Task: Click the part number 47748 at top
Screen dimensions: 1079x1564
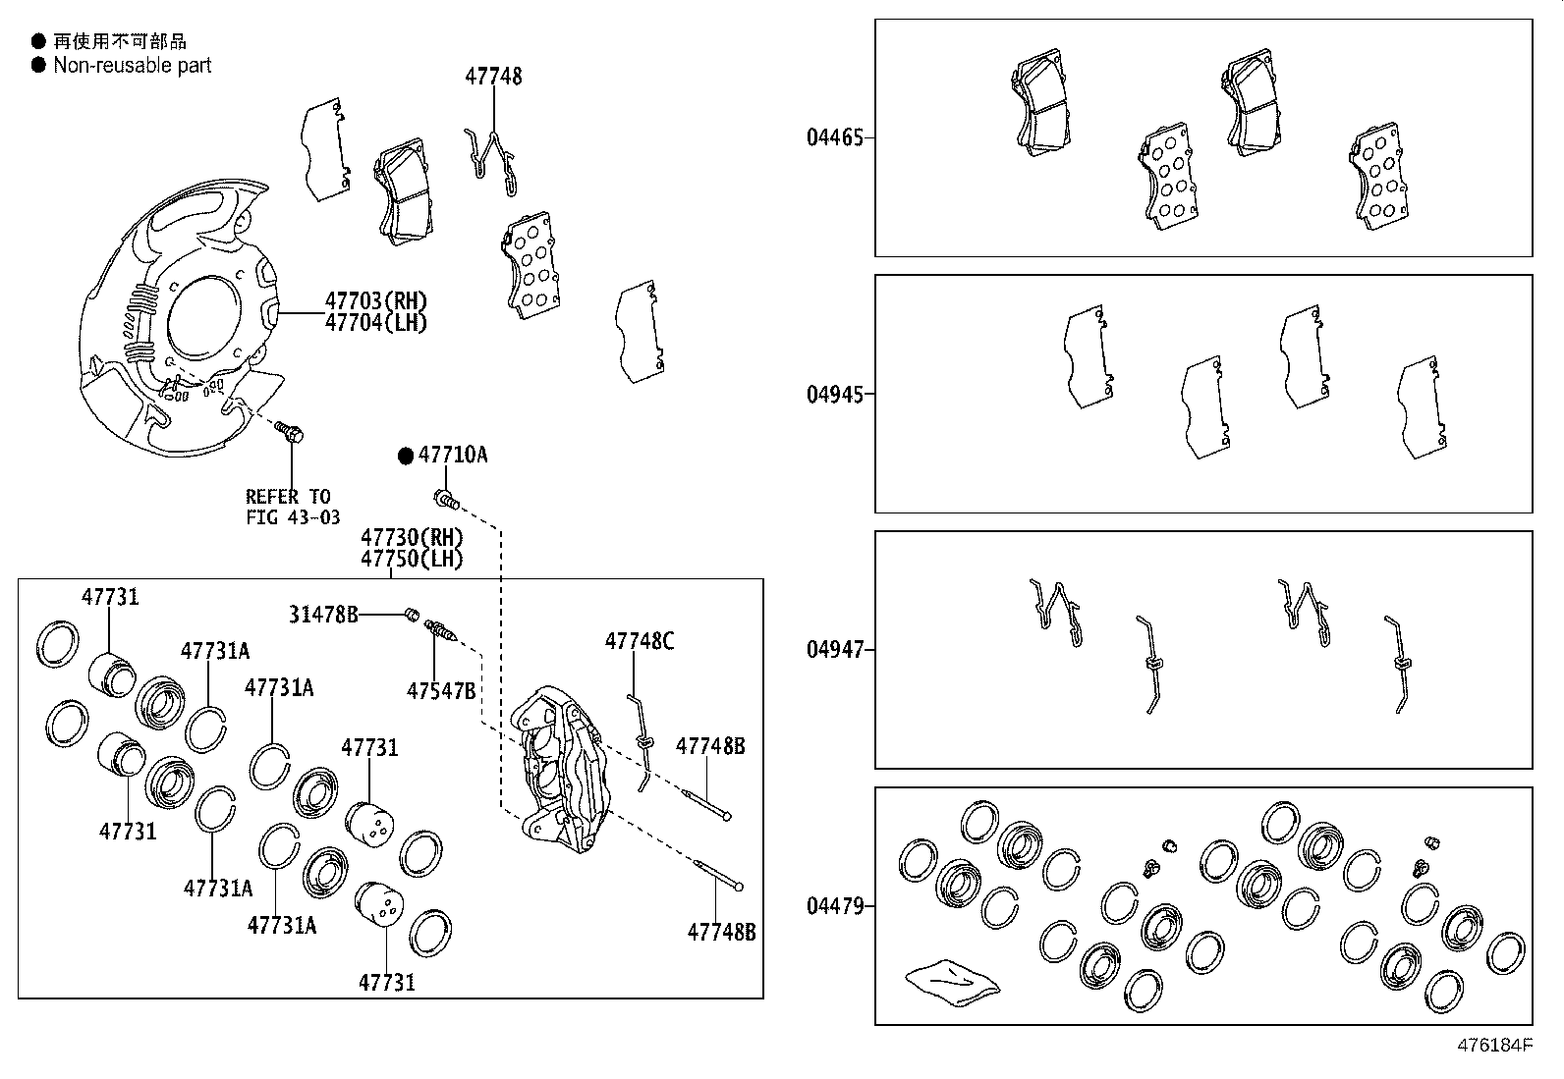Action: coord(493,77)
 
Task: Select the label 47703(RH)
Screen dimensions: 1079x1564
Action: coord(376,301)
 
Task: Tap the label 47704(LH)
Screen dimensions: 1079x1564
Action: coord(376,323)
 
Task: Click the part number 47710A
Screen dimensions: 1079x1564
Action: coord(453,456)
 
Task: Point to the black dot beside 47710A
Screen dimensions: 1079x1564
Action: coord(406,456)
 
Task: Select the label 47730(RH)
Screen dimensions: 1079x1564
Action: coord(412,537)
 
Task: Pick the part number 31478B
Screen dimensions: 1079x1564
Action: coord(322,615)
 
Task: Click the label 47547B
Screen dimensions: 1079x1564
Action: coord(441,691)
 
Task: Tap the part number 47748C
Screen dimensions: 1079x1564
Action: coord(640,642)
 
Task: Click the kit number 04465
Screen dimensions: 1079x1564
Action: coord(835,137)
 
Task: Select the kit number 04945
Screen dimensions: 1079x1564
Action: coord(835,395)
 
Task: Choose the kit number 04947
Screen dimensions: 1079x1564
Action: coord(835,650)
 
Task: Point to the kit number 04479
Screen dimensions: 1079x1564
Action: coord(835,906)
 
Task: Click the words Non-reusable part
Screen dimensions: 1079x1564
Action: coord(133,66)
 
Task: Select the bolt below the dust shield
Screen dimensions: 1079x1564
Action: coord(291,432)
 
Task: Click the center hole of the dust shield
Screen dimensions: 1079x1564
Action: coord(201,323)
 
